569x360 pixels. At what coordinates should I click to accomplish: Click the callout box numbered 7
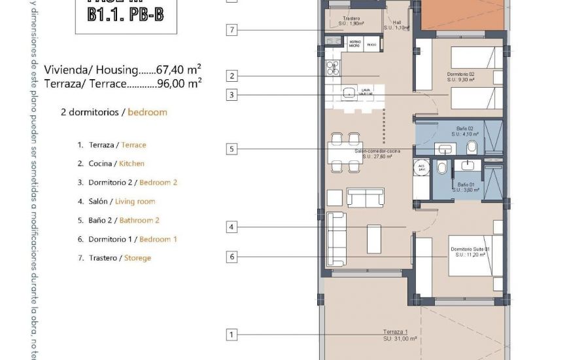coord(231,29)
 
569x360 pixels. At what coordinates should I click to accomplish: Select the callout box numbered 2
coord(231,75)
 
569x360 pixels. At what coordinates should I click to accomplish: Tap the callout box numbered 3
coord(231,95)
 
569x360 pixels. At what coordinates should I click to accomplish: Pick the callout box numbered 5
coord(231,149)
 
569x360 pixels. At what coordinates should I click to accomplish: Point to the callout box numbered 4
coord(231,227)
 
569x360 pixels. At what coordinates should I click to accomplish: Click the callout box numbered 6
coord(231,257)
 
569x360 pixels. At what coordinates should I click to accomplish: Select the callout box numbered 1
coord(231,334)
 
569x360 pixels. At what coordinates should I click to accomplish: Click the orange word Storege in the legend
coord(137,258)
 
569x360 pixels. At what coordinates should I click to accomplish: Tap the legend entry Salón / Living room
coord(116,202)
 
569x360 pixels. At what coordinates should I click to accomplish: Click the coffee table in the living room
coord(374,239)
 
